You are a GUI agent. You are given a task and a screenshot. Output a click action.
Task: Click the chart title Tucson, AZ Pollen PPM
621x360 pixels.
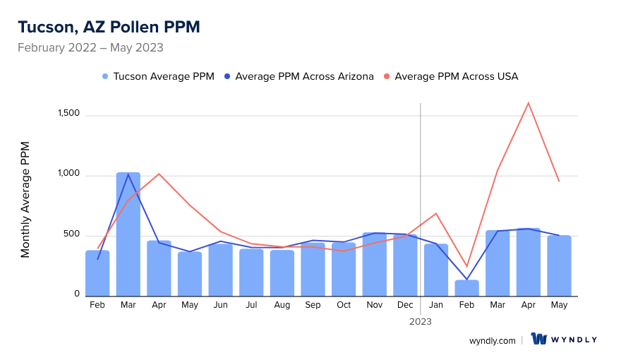coord(109,27)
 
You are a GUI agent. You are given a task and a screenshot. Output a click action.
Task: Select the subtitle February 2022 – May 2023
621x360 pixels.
coord(90,48)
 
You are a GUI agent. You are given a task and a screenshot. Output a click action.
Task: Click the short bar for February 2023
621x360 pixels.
coord(466,288)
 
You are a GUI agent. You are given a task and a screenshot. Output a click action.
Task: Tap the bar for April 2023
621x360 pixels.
coord(529,262)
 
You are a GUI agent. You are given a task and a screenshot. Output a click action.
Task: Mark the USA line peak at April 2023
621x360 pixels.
coord(529,103)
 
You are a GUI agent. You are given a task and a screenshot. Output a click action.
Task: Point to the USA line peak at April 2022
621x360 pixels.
coord(159,174)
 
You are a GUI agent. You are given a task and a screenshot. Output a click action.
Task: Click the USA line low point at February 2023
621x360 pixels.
coord(466,266)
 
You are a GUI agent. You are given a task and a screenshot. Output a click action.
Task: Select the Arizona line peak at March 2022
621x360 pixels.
coord(128,174)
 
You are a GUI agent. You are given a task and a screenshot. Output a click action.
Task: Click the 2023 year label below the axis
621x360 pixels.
coord(421,321)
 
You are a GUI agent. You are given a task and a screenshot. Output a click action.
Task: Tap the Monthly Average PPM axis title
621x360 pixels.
coord(25,200)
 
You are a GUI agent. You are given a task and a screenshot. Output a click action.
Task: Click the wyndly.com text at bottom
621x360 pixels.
coord(492,340)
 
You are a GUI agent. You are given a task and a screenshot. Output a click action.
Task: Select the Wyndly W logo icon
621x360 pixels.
coord(539,339)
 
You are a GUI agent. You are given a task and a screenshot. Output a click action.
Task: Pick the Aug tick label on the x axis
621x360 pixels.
coord(282,305)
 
